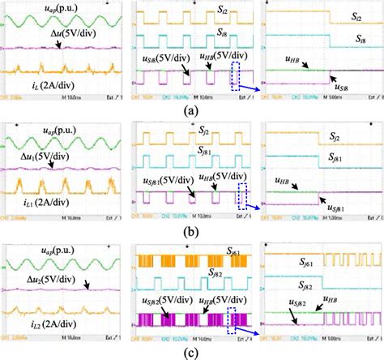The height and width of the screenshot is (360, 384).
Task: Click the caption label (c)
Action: pyautogui.click(x=192, y=352)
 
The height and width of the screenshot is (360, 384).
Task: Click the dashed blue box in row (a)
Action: pyautogui.click(x=236, y=75)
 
